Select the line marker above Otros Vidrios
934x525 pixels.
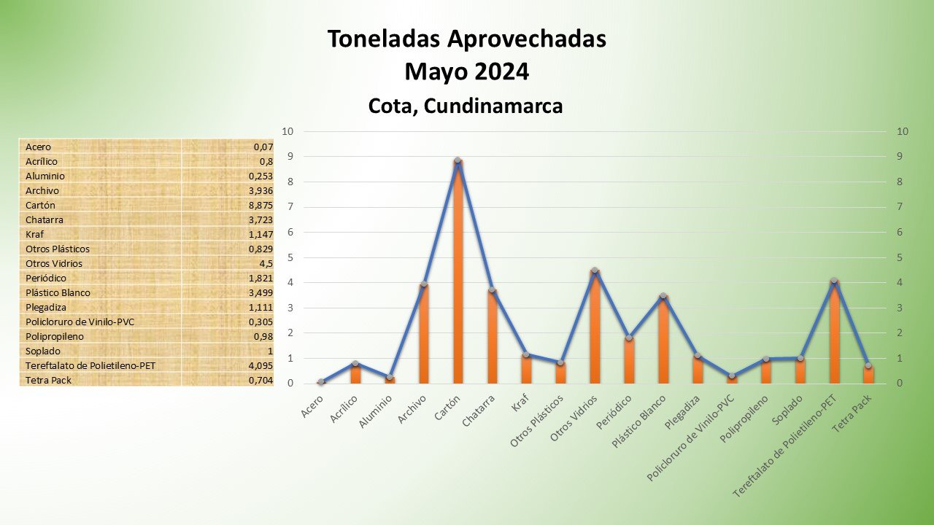(595, 271)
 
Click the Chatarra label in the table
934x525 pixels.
(45, 219)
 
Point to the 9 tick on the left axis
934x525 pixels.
(289, 157)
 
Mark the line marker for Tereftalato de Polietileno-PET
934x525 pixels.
(833, 281)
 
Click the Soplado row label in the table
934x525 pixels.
(43, 351)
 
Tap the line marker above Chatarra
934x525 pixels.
(492, 290)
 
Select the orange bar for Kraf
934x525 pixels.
(526, 369)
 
